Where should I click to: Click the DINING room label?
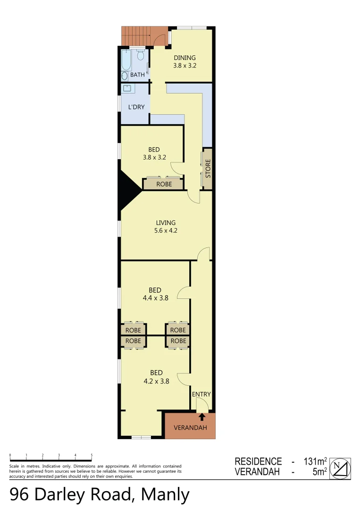184,58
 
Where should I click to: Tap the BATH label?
137,75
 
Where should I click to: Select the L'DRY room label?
136,107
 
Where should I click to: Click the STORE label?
208,169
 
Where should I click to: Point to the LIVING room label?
166,223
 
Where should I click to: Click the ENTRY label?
201,394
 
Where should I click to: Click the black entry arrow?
202,416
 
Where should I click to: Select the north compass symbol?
340,468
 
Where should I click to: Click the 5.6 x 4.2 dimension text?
166,231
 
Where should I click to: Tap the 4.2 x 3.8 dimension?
156,381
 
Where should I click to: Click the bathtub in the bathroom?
126,60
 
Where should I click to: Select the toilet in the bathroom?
140,56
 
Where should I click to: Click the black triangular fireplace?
128,191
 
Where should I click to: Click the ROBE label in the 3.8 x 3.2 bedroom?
164,184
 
